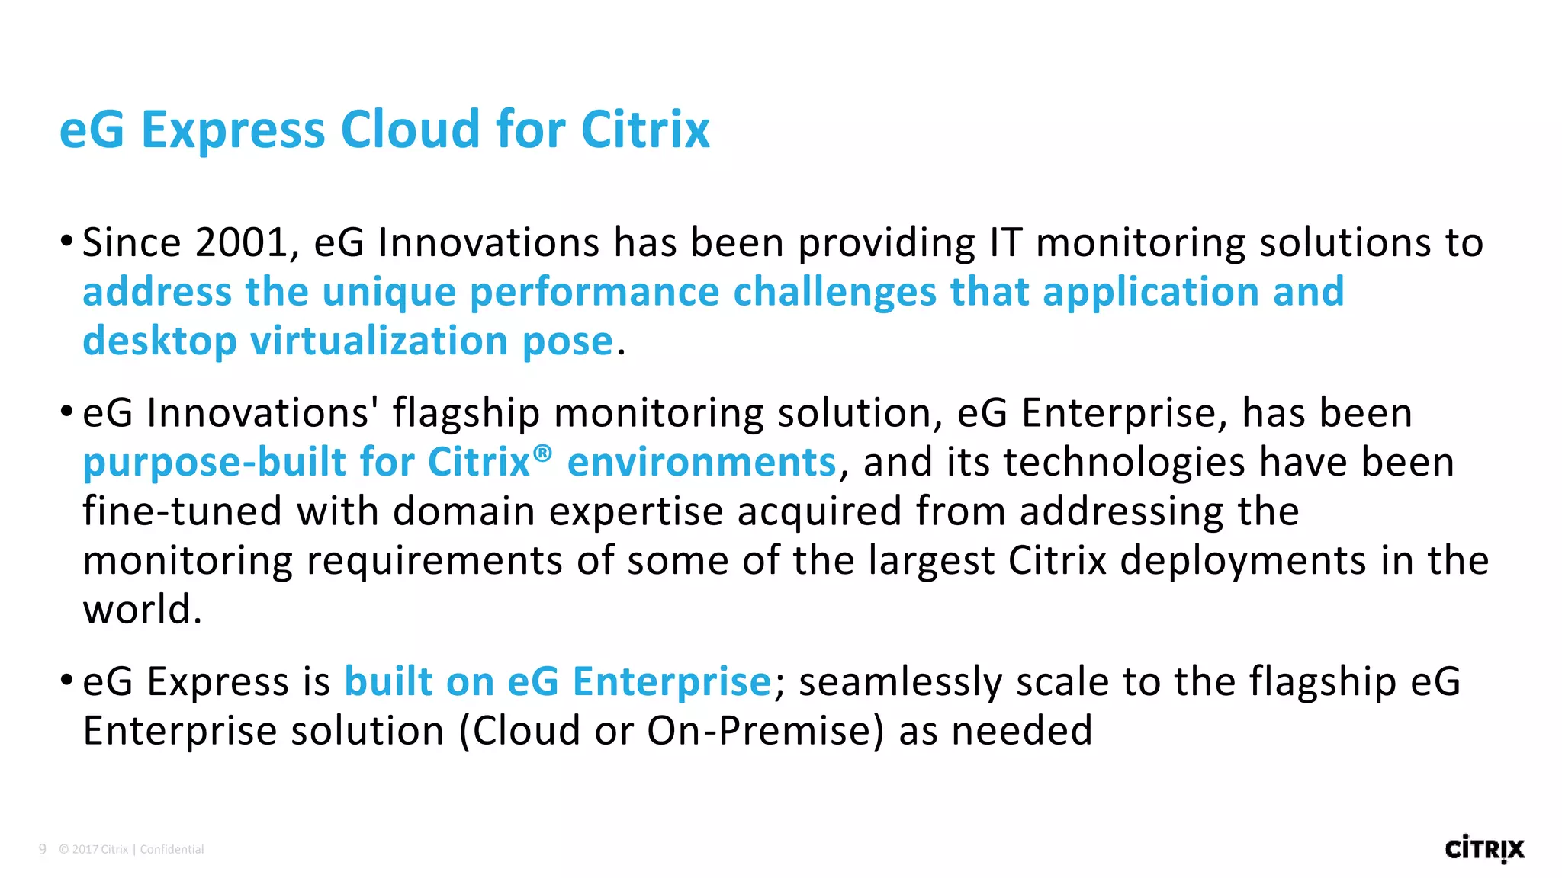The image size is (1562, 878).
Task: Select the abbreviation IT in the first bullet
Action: (x=1005, y=243)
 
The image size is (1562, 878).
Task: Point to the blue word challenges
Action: (x=834, y=292)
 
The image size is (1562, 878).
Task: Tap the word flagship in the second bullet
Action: (x=466, y=414)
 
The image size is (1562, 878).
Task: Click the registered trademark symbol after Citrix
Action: (x=542, y=453)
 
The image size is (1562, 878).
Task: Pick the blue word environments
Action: (x=702, y=463)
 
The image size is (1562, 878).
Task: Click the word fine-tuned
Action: (x=182, y=511)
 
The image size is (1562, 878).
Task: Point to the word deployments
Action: (x=1243, y=561)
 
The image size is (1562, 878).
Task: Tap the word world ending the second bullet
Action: (x=142, y=610)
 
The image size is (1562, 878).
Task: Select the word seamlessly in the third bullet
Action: (x=900, y=682)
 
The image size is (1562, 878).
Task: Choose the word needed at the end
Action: (x=1022, y=731)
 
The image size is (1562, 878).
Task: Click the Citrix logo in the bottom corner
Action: (x=1483, y=849)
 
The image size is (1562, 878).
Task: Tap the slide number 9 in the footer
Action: (x=43, y=849)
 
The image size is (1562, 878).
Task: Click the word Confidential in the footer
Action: (x=172, y=850)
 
